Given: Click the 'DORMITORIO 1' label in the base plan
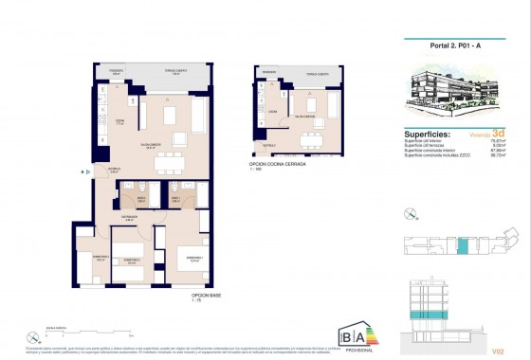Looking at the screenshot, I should pyautogui.click(x=195, y=257).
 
